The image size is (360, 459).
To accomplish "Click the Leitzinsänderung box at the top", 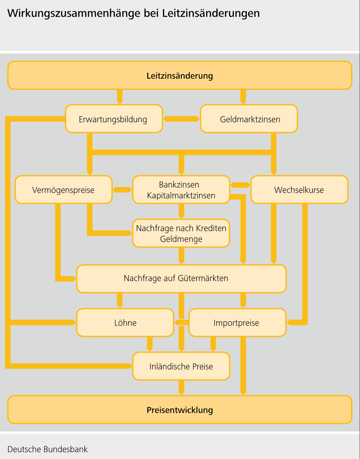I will (x=180, y=75).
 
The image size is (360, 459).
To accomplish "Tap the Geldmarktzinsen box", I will (x=249, y=119).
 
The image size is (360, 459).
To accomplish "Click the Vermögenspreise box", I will (x=63, y=190).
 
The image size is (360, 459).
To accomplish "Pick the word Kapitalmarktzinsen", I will (x=181, y=196).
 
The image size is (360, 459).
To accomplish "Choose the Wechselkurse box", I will (x=299, y=190).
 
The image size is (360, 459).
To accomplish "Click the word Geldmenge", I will (x=181, y=239).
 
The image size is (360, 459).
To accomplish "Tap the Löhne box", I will (x=125, y=323).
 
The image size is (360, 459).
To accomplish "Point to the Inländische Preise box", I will (x=181, y=366).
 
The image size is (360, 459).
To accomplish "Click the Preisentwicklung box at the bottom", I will (x=180, y=410).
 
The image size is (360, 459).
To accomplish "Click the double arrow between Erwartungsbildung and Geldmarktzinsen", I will (x=181, y=119).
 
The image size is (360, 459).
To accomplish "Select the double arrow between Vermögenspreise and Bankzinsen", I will (x=122, y=190).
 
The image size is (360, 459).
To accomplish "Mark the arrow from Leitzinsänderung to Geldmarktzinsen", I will (x=243, y=97).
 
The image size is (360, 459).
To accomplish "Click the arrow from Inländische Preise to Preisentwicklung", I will (x=181, y=388).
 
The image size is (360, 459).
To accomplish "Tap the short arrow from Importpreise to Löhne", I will (x=181, y=322).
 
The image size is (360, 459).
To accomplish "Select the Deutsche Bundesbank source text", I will (x=48, y=449).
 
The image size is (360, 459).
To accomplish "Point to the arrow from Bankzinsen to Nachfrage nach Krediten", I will (x=181, y=211).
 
